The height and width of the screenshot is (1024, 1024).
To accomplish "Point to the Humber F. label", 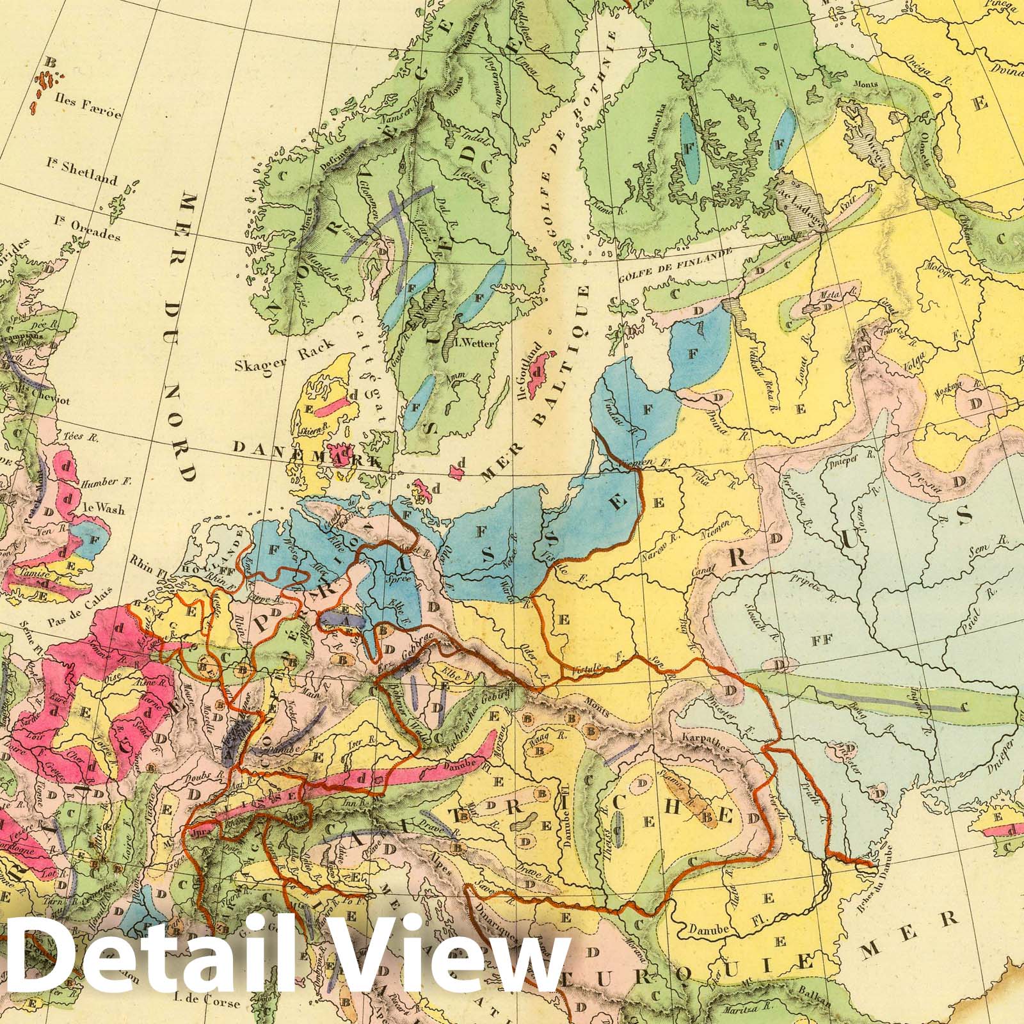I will [x=106, y=481].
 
